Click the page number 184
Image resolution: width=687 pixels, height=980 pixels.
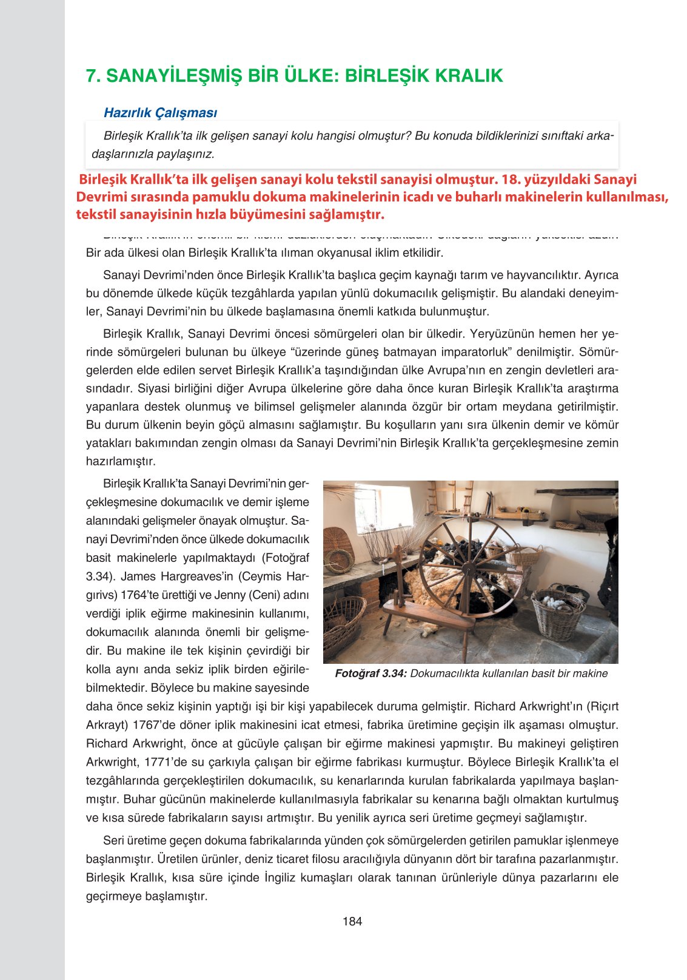click(352, 921)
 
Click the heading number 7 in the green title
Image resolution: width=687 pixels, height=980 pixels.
click(93, 76)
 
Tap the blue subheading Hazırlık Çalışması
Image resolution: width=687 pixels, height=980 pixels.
click(160, 112)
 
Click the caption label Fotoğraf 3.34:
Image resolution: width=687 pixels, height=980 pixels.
click(370, 674)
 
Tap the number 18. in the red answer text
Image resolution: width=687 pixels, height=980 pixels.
click(512, 180)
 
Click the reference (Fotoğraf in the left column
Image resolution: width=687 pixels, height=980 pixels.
click(285, 558)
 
